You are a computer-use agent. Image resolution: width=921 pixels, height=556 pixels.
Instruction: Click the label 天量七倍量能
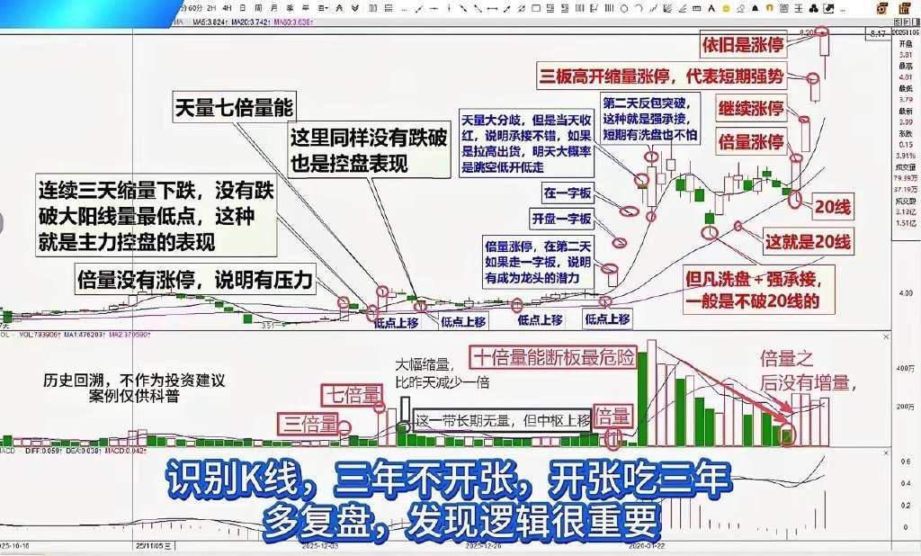pos(234,107)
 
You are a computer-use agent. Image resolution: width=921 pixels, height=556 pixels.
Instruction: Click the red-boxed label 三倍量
pos(304,423)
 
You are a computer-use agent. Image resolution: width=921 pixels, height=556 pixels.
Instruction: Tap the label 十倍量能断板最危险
pos(552,357)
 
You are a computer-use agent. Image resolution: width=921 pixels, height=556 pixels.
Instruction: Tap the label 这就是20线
pos(806,241)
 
